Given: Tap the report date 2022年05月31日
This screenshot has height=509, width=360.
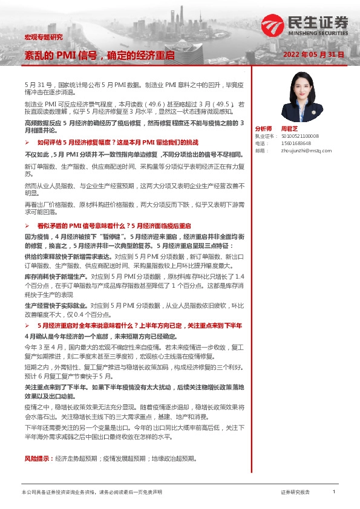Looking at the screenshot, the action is click(x=313, y=54).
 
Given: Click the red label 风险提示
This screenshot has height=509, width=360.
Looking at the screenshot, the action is click(x=34, y=459).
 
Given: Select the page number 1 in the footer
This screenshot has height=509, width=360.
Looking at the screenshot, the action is click(x=334, y=493).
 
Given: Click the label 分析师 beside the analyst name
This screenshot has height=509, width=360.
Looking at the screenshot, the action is click(x=264, y=129).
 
